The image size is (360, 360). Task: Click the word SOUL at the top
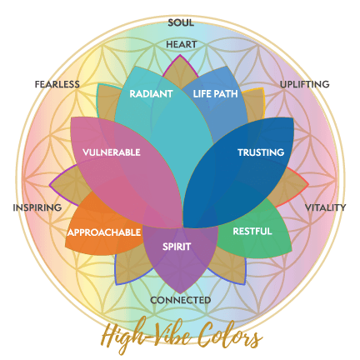181,22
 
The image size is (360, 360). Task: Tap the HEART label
182,44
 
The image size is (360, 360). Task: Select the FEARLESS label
57,84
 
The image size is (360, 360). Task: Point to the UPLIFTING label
305,84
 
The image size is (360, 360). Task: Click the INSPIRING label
37,207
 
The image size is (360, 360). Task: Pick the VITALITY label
325,207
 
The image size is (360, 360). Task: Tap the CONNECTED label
181,300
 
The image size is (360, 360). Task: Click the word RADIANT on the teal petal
151,94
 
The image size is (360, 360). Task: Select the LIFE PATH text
216,94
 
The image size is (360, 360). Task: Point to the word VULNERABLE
112,152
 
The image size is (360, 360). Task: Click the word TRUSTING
261,152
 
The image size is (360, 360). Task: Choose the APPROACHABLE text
104,232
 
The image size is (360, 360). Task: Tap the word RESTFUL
252,231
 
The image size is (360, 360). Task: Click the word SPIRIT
177,247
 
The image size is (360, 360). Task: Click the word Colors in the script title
230,336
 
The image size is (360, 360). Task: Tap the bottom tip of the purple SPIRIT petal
180,293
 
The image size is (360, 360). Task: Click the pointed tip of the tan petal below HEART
180,55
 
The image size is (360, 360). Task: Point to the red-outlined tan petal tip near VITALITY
307,183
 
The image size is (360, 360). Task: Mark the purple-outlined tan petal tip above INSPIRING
50,185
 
